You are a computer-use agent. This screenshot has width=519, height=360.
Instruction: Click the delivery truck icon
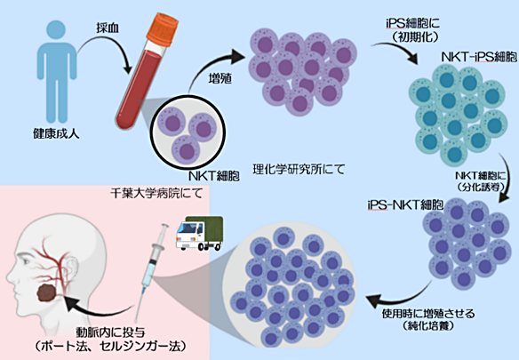pos(198,236)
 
